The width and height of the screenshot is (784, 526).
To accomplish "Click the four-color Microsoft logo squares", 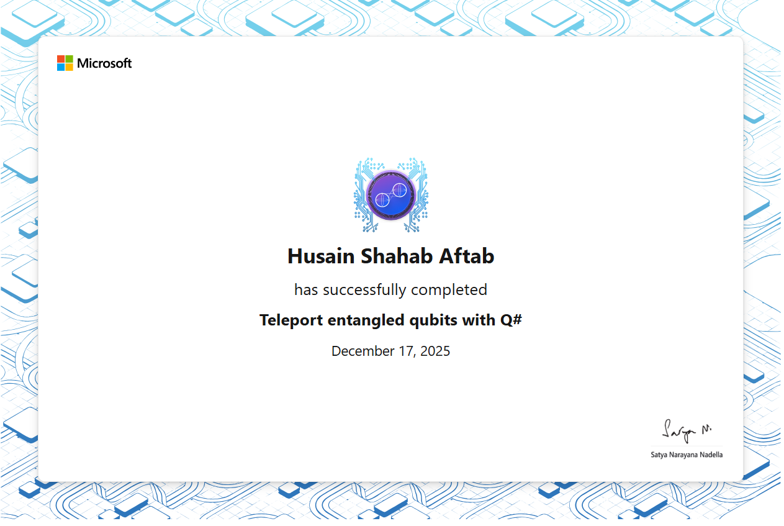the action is pyautogui.click(x=65, y=63).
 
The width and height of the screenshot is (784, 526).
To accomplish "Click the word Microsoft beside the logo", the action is pyautogui.click(x=104, y=63).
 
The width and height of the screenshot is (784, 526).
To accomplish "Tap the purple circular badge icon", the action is pyautogui.click(x=391, y=196).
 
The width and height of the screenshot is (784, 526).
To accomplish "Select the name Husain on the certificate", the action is pyautogui.click(x=321, y=256).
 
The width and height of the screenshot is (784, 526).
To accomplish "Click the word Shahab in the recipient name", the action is pyautogui.click(x=397, y=256).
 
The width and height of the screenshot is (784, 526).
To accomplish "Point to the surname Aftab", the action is pyautogui.click(x=467, y=256).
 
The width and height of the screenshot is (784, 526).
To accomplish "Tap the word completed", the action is pyautogui.click(x=449, y=290).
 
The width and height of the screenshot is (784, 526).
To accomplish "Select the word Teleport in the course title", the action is pyautogui.click(x=291, y=320).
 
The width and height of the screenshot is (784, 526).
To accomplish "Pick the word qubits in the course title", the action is pyautogui.click(x=433, y=320).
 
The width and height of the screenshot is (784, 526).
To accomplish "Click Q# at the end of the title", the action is pyautogui.click(x=511, y=320).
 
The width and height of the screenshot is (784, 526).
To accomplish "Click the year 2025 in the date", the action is pyautogui.click(x=435, y=351).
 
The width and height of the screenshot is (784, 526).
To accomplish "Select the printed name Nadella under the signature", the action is pyautogui.click(x=711, y=455).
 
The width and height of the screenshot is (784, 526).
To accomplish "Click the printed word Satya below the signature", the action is pyautogui.click(x=659, y=455).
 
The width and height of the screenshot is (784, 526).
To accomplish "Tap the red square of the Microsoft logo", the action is pyautogui.click(x=61, y=59).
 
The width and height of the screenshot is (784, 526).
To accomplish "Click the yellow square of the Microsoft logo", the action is pyautogui.click(x=70, y=67).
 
